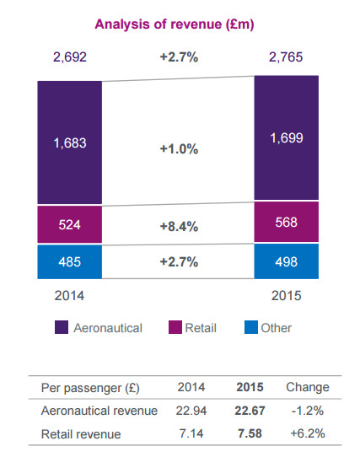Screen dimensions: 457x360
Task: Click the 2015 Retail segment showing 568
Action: [287, 223]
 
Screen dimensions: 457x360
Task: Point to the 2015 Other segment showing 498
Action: [287, 261]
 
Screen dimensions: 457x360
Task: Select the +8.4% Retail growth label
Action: [178, 226]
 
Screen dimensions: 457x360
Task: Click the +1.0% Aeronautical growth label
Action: [178, 148]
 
